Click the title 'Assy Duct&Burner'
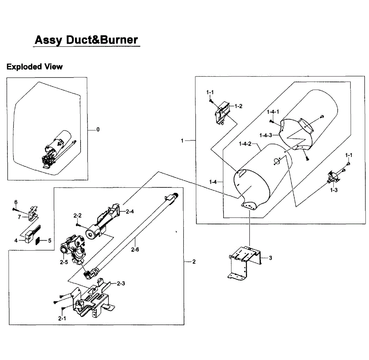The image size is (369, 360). [86, 40]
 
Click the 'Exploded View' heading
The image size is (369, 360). [34, 67]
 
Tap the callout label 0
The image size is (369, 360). [98, 130]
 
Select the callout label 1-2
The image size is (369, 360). [238, 106]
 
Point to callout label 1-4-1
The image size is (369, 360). [273, 112]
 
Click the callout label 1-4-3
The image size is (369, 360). [266, 135]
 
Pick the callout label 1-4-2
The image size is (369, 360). [245, 144]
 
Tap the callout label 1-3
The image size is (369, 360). [334, 190]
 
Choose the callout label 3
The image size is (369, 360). [270, 258]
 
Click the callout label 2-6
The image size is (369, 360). [135, 250]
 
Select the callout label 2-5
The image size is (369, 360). [64, 262]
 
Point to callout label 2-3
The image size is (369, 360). [121, 283]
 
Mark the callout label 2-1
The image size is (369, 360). [62, 318]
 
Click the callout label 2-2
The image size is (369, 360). [77, 216]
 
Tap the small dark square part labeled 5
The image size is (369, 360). [38, 241]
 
